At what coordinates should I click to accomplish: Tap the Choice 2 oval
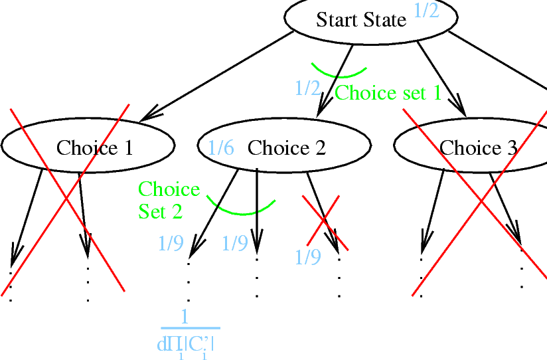(x=286, y=147)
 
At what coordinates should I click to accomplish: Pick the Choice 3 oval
(x=478, y=147)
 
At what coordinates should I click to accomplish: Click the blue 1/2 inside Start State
(x=426, y=11)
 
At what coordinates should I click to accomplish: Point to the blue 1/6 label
(x=221, y=147)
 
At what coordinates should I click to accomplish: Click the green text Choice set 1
(x=388, y=92)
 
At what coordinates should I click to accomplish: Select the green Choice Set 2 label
(x=169, y=200)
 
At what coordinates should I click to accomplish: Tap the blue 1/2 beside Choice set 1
(x=307, y=88)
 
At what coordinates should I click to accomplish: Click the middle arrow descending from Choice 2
(x=257, y=206)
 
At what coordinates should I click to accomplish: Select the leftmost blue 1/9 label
(x=171, y=244)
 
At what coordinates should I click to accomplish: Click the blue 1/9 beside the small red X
(x=307, y=257)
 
